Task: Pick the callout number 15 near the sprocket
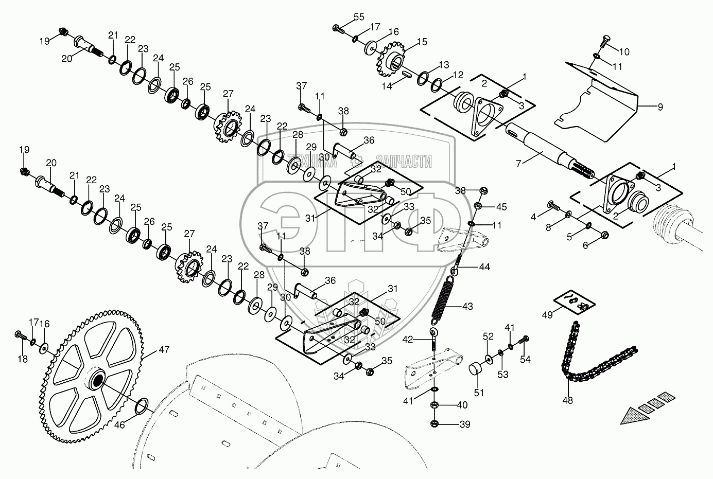coord(422,42)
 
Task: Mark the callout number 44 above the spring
coord(485,267)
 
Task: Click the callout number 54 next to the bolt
coord(525,360)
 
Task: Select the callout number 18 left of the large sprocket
coord(22,359)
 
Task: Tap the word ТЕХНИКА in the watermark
coord(312,162)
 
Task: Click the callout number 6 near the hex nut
coord(585,245)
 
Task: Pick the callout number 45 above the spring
coord(501,207)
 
